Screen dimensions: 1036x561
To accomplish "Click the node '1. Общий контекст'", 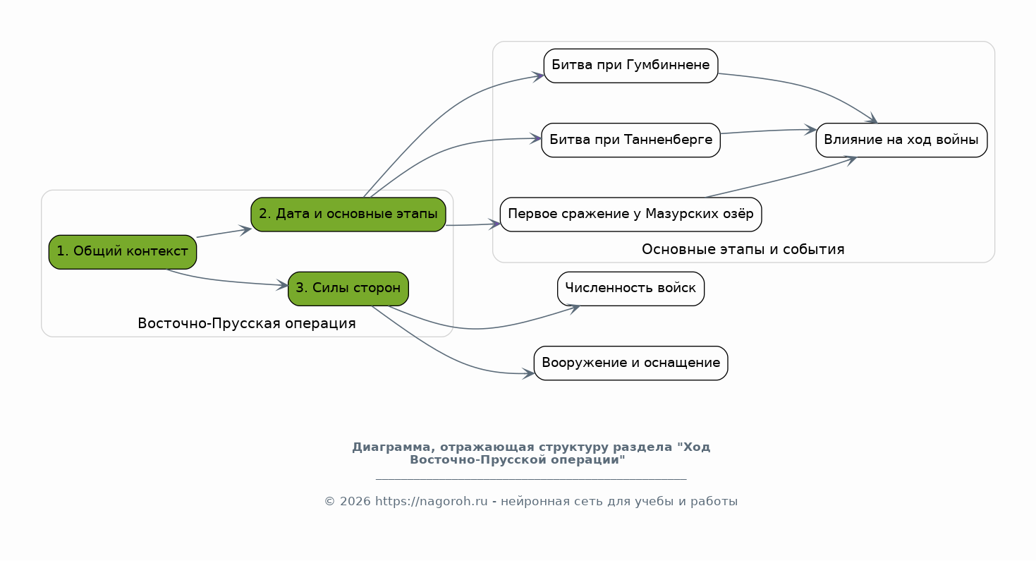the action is [x=123, y=252].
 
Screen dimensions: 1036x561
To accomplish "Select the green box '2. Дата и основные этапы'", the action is [x=348, y=215].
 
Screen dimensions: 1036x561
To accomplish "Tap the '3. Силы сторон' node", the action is [x=348, y=289].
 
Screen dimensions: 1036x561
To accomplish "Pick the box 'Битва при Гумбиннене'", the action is [x=630, y=66].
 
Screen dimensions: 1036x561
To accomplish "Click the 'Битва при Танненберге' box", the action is [x=630, y=140].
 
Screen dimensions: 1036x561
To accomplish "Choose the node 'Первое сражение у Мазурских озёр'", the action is [x=630, y=215].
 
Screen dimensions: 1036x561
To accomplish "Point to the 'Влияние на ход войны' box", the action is [x=901, y=140].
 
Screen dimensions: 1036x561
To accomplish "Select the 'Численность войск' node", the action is [x=630, y=289].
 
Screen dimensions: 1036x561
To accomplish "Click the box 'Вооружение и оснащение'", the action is [x=630, y=363].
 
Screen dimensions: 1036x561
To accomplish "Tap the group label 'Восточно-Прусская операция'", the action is [x=247, y=323].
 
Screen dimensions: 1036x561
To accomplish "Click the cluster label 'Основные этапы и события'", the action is [x=743, y=249].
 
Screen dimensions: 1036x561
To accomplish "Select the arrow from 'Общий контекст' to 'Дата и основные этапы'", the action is [x=224, y=233].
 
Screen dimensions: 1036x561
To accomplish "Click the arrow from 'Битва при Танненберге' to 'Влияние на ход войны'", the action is [x=768, y=131].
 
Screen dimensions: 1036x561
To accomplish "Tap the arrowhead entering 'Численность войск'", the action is [x=573, y=308].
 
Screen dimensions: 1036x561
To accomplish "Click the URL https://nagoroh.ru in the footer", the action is [x=431, y=501].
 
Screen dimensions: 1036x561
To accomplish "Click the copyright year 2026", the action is [x=355, y=501].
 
